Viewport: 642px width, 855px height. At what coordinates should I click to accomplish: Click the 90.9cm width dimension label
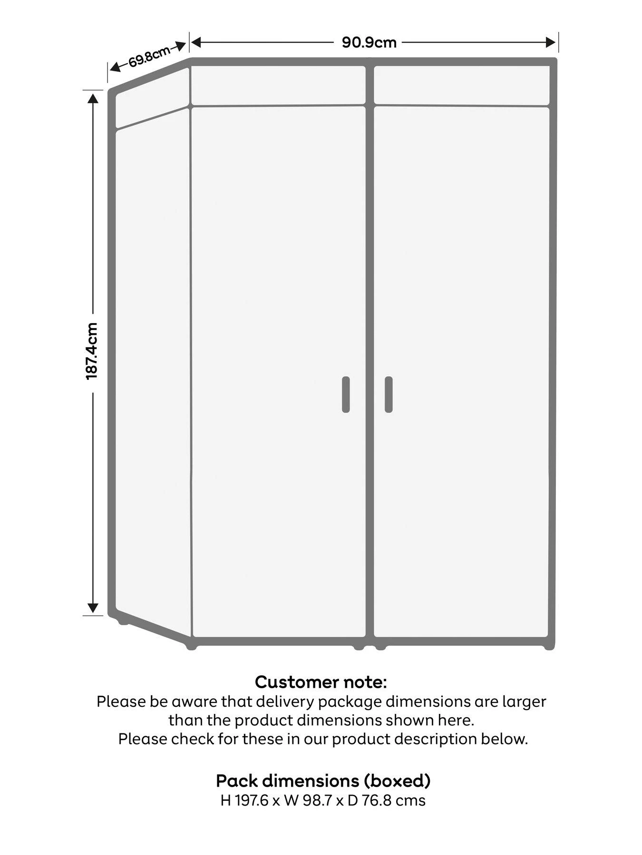pyautogui.click(x=369, y=43)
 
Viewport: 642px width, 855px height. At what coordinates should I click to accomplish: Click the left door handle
pyautogui.click(x=346, y=394)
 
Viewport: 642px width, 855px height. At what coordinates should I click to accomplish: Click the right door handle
pyautogui.click(x=389, y=394)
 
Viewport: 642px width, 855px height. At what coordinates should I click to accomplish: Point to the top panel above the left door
pyautogui.click(x=278, y=85)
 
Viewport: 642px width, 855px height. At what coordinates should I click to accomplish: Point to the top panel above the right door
pyautogui.click(x=462, y=85)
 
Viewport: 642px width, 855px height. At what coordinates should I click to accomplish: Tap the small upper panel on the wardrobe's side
pyautogui.click(x=152, y=97)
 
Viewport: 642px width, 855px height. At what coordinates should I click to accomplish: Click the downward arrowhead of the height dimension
pyautogui.click(x=93, y=608)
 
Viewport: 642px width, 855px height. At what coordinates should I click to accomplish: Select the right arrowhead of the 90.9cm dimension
pyautogui.click(x=551, y=43)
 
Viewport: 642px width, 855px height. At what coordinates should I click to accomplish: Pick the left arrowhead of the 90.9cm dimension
pyautogui.click(x=196, y=43)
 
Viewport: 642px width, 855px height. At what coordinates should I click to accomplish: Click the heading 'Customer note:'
pyautogui.click(x=321, y=682)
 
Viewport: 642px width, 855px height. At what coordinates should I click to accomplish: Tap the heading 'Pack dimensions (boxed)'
pyautogui.click(x=323, y=780)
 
